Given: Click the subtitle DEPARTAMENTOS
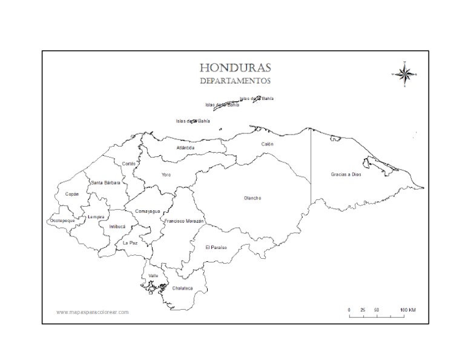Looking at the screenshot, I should pos(235,80).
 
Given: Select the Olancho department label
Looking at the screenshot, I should pos(252,198).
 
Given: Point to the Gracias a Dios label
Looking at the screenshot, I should pos(345,175).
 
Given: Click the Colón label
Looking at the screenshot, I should pos(267,144).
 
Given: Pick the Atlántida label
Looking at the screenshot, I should pos(185,148).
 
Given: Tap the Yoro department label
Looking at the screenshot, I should pos(166,175).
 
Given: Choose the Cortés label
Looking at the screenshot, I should pos(128,164).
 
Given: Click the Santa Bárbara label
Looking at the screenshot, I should pos(105,182).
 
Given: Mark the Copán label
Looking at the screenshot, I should pos(72,195).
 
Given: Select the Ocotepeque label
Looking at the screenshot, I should pos(62,221).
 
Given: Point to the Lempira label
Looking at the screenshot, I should pos(96,217).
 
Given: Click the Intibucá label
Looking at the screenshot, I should pos(117,227).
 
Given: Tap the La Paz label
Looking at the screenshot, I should pos(130,242).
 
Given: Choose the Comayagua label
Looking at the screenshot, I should pos(147,211).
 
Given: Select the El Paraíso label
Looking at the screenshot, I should pos(216,247).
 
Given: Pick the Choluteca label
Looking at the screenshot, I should pos(182,288).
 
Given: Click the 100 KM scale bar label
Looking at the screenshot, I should pos(407,310).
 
